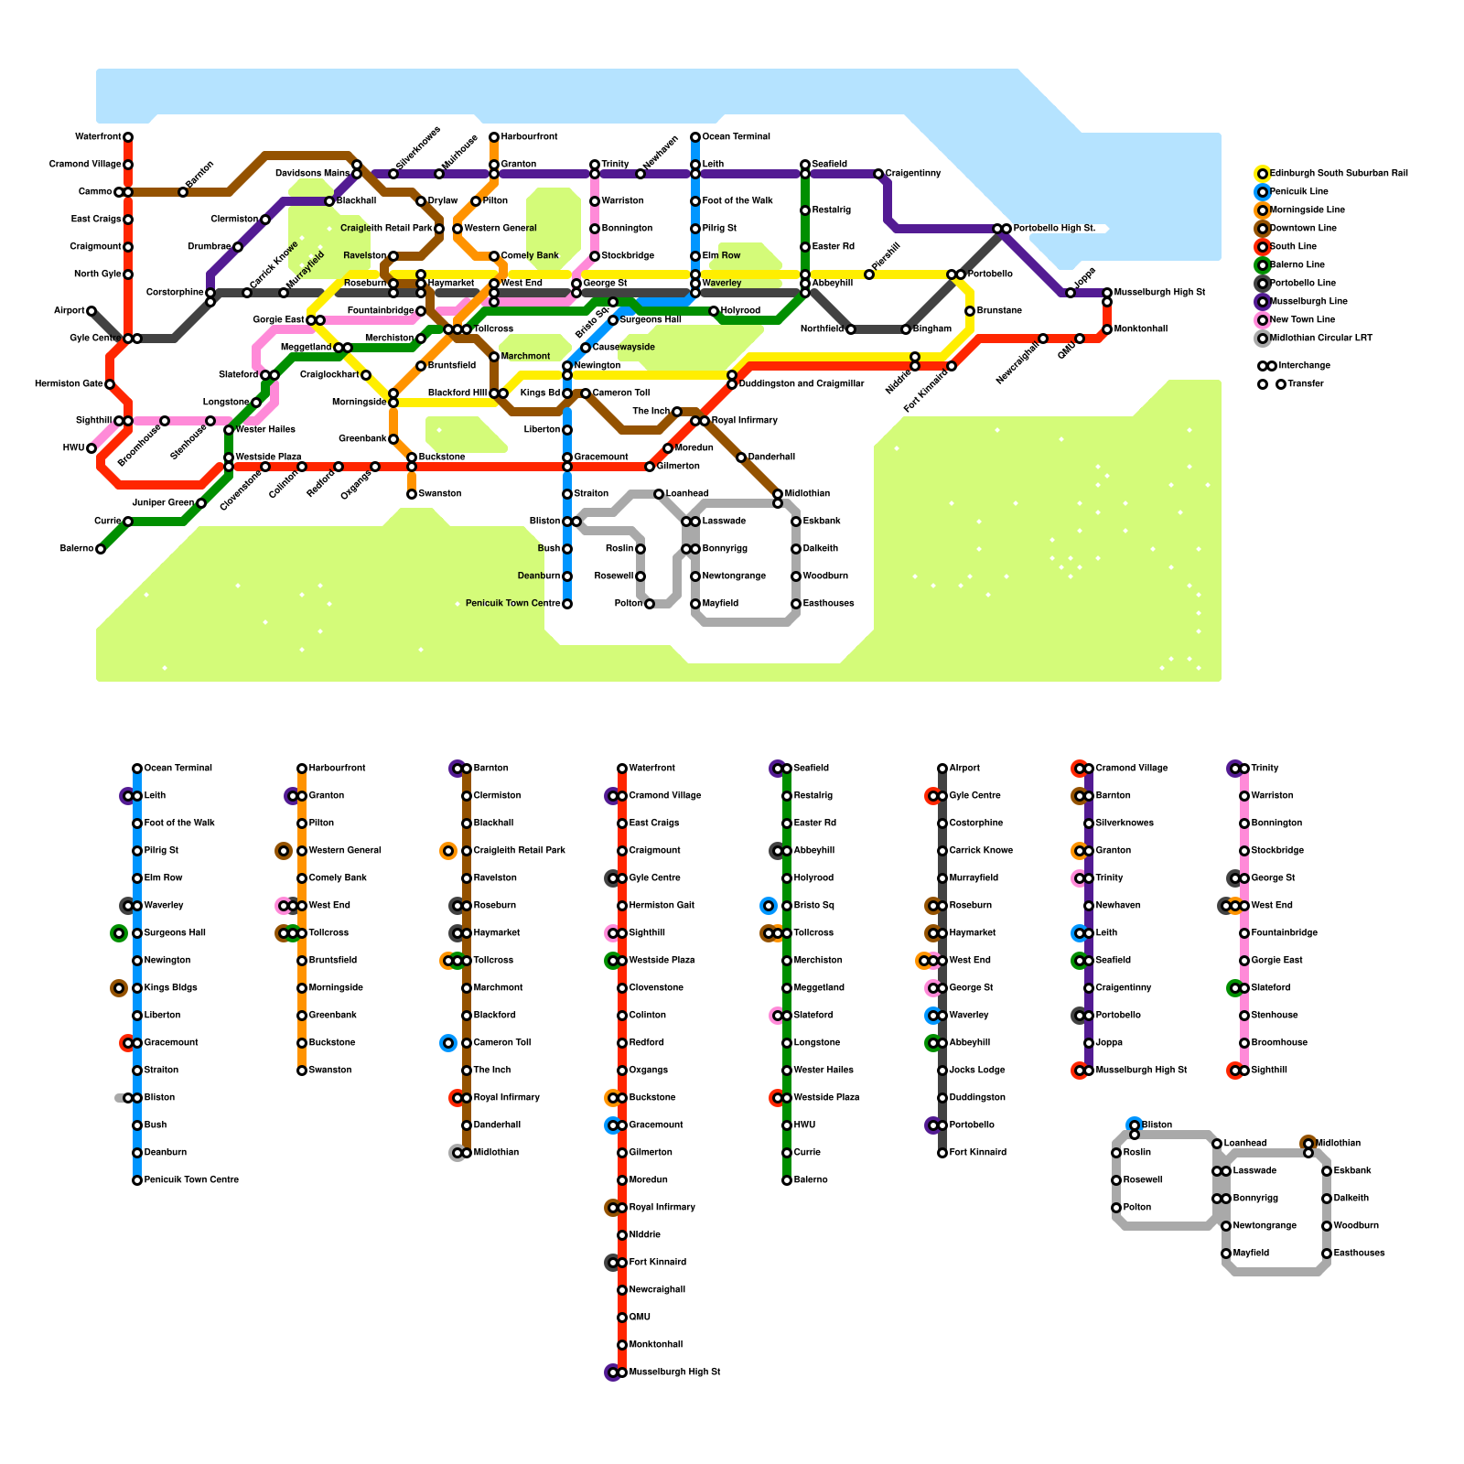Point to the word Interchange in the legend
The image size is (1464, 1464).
1304,366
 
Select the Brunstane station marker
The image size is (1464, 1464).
970,311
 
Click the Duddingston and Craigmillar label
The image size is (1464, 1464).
801,384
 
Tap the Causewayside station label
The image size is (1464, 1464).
623,348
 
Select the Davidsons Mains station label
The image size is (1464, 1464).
312,174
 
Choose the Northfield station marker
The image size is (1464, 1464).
851,329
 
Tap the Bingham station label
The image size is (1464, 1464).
932,329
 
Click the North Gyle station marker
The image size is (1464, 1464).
128,274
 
